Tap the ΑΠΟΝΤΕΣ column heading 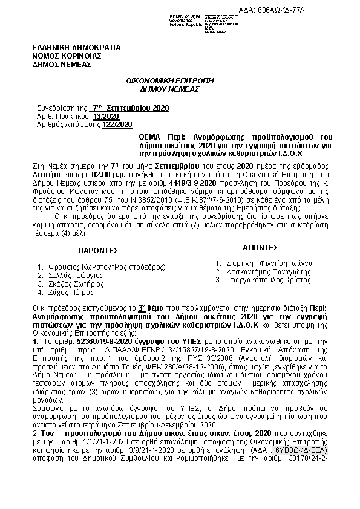pos(260,248)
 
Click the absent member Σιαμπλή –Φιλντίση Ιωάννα pos(268,264)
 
